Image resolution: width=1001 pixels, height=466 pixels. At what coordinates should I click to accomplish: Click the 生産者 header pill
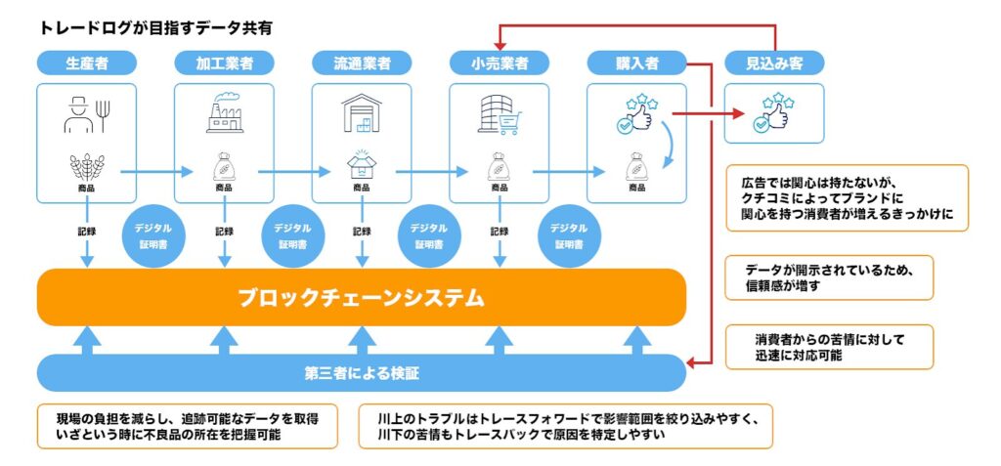(86, 64)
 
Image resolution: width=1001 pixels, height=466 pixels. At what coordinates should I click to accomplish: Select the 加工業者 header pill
(224, 64)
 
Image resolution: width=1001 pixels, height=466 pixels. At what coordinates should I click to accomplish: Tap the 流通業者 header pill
(362, 64)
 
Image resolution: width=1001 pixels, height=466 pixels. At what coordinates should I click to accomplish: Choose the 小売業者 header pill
(499, 64)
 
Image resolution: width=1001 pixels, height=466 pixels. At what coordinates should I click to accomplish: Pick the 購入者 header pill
(636, 64)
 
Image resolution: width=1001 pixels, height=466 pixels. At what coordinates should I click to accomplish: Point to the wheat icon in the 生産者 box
(86, 164)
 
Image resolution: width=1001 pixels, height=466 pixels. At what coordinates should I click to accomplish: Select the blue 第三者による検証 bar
(362, 372)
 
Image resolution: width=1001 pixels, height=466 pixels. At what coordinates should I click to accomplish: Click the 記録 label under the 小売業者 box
(499, 232)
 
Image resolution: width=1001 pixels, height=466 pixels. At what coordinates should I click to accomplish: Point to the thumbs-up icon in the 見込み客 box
(774, 113)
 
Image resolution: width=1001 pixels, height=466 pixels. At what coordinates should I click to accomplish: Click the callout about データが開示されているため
(829, 277)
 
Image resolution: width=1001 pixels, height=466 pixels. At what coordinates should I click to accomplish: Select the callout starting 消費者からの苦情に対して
(829, 347)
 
